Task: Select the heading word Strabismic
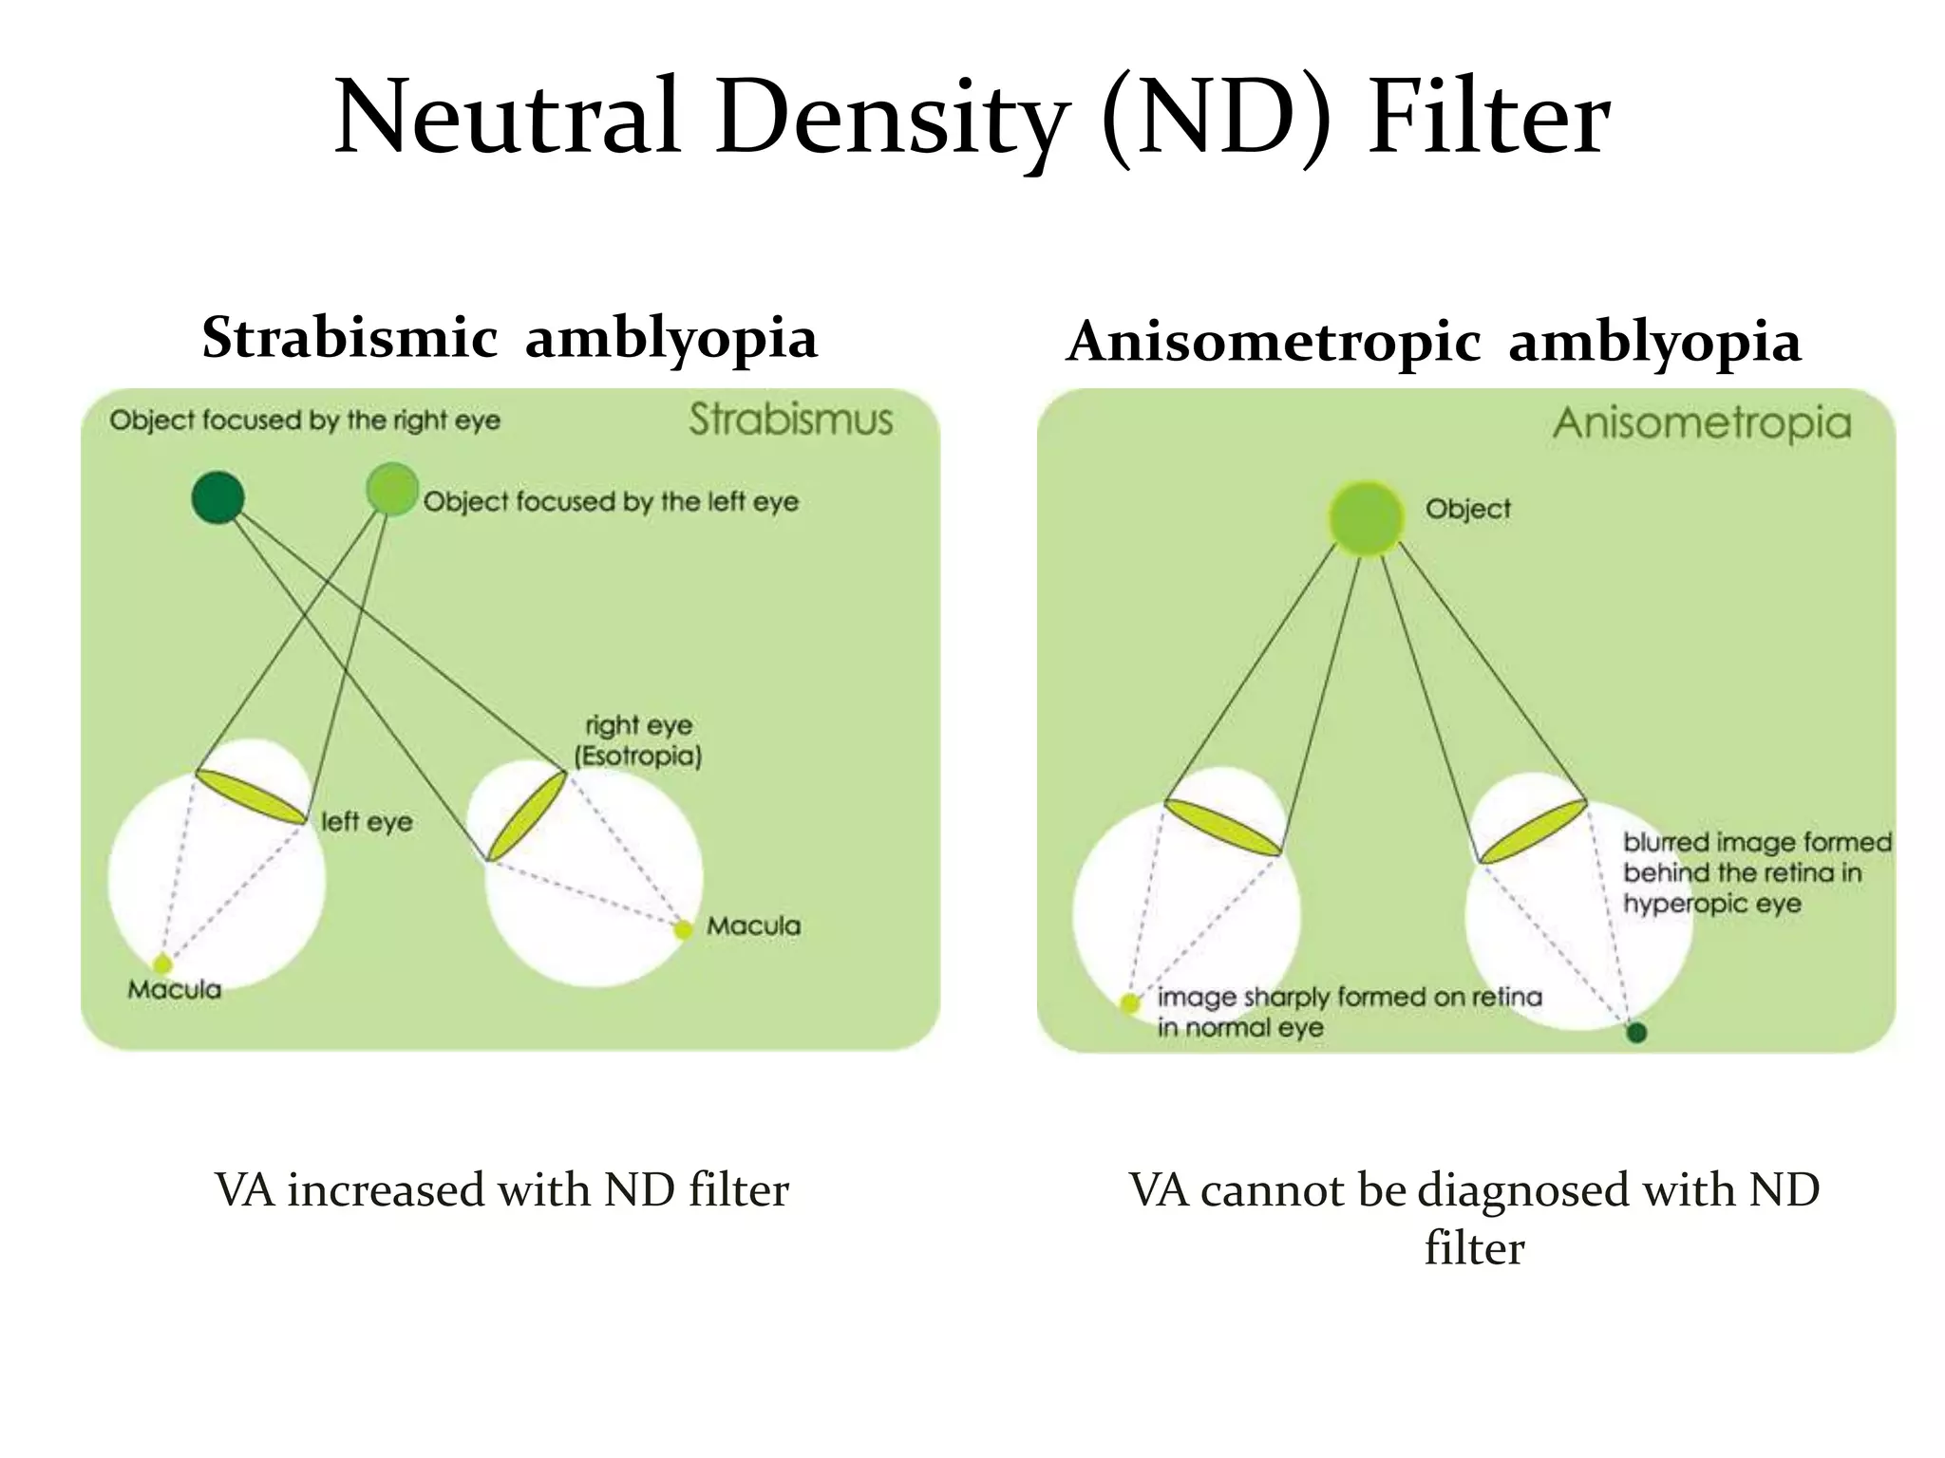coord(349,338)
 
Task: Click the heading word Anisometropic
coord(1274,342)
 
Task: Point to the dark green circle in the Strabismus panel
coord(217,497)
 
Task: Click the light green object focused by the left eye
coord(391,489)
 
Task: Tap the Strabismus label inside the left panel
coord(790,420)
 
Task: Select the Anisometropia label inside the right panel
coord(1702,423)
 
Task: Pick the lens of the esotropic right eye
coord(526,815)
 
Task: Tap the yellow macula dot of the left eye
coord(163,964)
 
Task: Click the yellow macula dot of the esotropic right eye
coord(683,930)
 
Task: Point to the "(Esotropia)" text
coord(638,757)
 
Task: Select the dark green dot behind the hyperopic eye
coord(1635,1033)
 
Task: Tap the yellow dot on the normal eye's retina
coord(1130,1003)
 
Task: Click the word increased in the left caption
coord(387,1190)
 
